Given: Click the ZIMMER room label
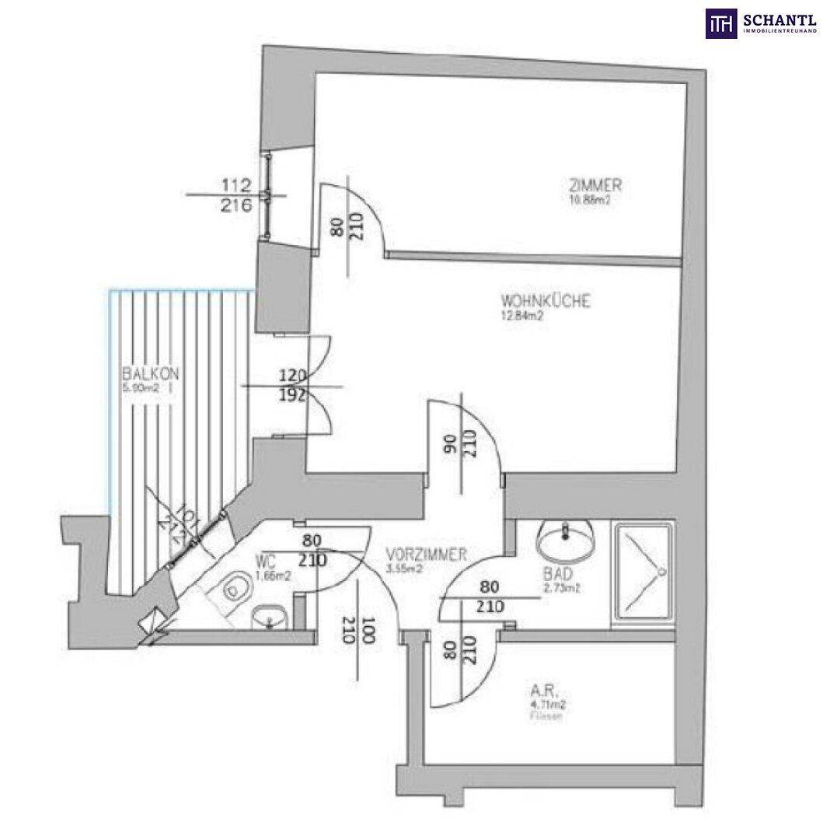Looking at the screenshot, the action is (595, 186).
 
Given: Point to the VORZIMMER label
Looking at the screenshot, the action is (425, 555).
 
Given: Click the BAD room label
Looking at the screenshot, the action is (558, 574).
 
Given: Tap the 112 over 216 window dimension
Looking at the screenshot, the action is (236, 196).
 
